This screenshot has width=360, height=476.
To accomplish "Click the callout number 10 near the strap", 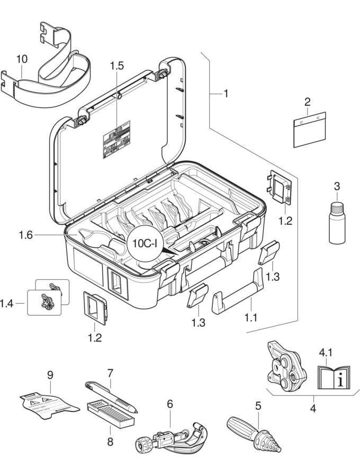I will (x=22, y=59).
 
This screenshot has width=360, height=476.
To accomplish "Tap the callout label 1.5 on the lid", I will (x=117, y=66).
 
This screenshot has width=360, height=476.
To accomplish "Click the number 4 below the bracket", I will (x=312, y=409).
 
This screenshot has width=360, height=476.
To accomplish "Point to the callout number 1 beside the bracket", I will (x=226, y=94).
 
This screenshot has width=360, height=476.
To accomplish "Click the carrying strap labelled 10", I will (x=50, y=79).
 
